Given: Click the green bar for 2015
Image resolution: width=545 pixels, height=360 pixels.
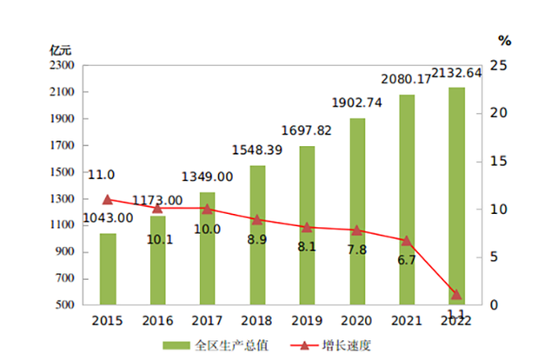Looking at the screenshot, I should pyautogui.click(x=108, y=270).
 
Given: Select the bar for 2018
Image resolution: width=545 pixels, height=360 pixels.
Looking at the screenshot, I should pyautogui.click(x=257, y=235).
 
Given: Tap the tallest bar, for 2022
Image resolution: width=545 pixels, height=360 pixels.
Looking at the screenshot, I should pyautogui.click(x=456, y=196).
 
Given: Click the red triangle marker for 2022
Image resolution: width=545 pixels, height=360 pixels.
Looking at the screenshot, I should pyautogui.click(x=456, y=294).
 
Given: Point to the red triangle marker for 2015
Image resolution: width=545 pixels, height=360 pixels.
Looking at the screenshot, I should pyautogui.click(x=108, y=199).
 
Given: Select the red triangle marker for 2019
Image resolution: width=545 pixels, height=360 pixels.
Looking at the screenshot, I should pyautogui.click(x=307, y=227).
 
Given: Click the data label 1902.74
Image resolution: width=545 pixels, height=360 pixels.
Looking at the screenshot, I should pyautogui.click(x=356, y=103).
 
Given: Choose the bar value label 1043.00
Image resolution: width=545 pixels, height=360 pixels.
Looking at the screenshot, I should pyautogui.click(x=108, y=217).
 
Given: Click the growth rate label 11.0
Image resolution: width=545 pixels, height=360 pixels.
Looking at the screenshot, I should pyautogui.click(x=101, y=175).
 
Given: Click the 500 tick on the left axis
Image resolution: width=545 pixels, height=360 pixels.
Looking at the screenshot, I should pyautogui.click(x=66, y=305).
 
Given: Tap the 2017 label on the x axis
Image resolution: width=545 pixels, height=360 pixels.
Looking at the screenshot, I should pyautogui.click(x=207, y=320).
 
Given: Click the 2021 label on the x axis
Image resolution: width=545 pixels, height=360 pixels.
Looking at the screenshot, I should pyautogui.click(x=406, y=320).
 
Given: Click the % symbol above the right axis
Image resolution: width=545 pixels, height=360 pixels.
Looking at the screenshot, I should pyautogui.click(x=506, y=40).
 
